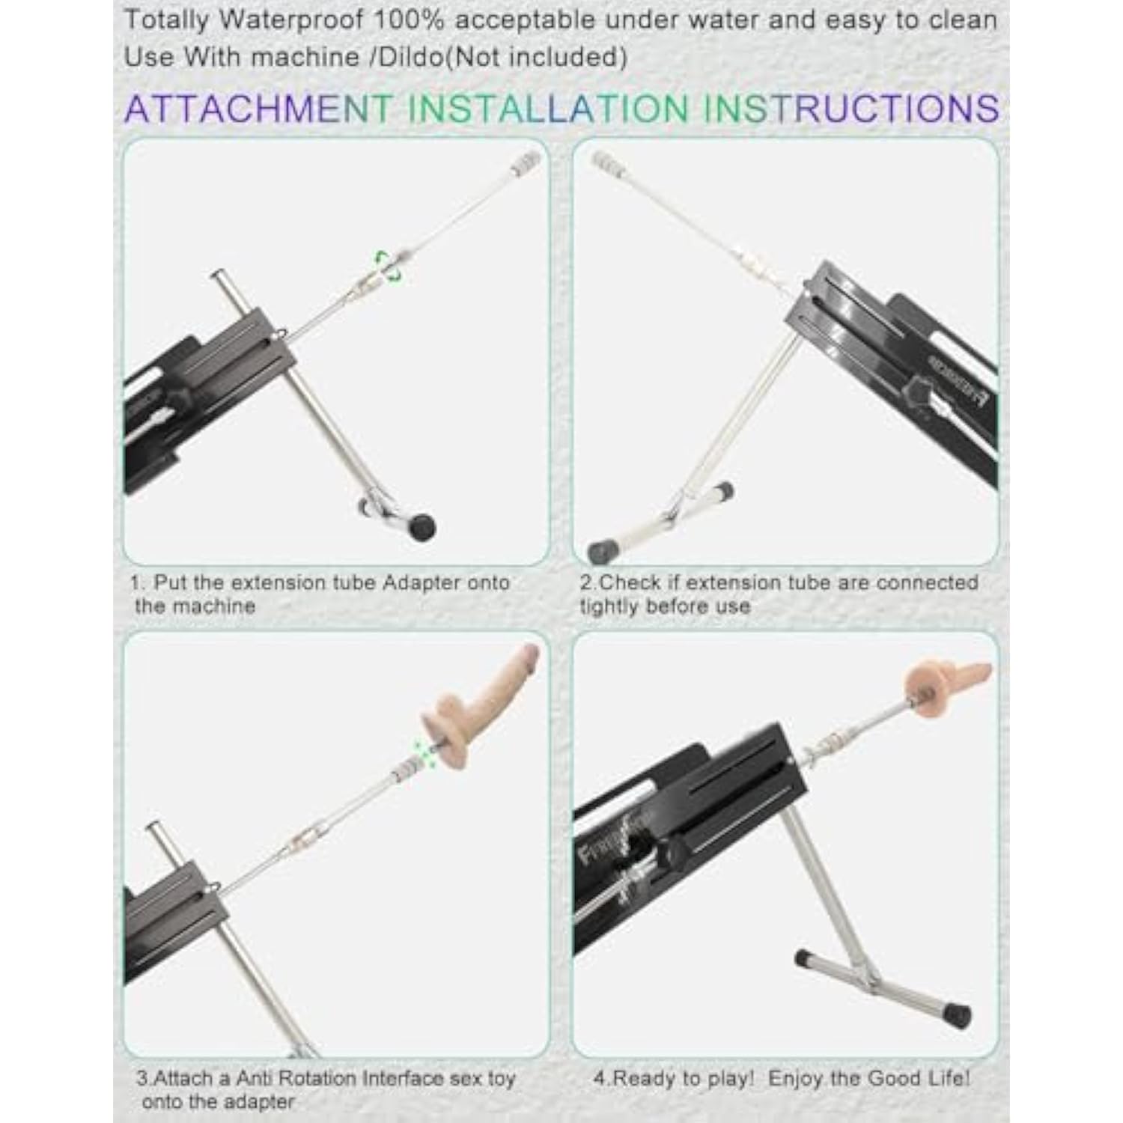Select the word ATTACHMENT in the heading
(258, 109)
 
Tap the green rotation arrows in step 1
(389, 267)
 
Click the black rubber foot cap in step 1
(421, 526)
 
